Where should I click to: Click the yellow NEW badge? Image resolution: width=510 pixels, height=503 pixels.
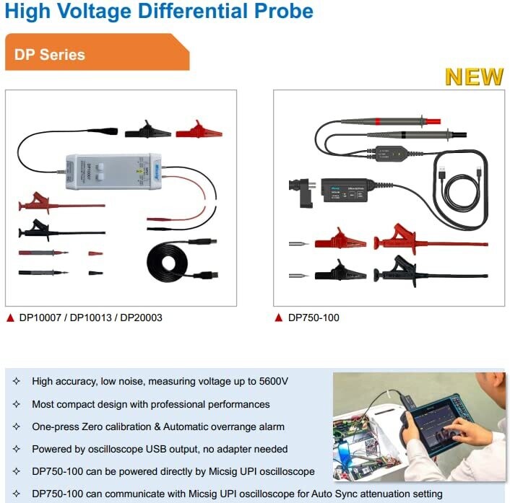pos(474,77)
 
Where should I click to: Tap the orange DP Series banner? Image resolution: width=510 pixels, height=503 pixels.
pos(97,52)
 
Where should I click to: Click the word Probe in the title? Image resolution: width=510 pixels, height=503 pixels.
pos(284,11)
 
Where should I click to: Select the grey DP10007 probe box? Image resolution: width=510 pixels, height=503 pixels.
pos(113,171)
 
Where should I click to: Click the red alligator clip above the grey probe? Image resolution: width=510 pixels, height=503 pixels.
pos(199,131)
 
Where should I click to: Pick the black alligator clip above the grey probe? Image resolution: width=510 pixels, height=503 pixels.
pos(147,130)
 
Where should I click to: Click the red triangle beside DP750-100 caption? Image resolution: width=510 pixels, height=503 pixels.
pos(278,318)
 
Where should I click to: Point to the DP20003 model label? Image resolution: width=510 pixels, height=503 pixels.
pos(141,318)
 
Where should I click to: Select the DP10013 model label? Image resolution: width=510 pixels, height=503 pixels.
pos(91,318)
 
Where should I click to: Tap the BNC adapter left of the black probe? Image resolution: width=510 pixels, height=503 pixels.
pos(301,193)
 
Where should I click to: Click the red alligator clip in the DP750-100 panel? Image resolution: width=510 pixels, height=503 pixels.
pos(340,240)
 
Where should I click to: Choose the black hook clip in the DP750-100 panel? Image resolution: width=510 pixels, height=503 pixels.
pos(430,272)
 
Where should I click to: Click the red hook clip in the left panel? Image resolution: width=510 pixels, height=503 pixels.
pos(62,204)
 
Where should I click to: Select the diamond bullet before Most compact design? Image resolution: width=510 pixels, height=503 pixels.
pos(17,404)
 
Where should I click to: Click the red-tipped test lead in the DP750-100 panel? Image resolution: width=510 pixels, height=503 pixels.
pos(390,121)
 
